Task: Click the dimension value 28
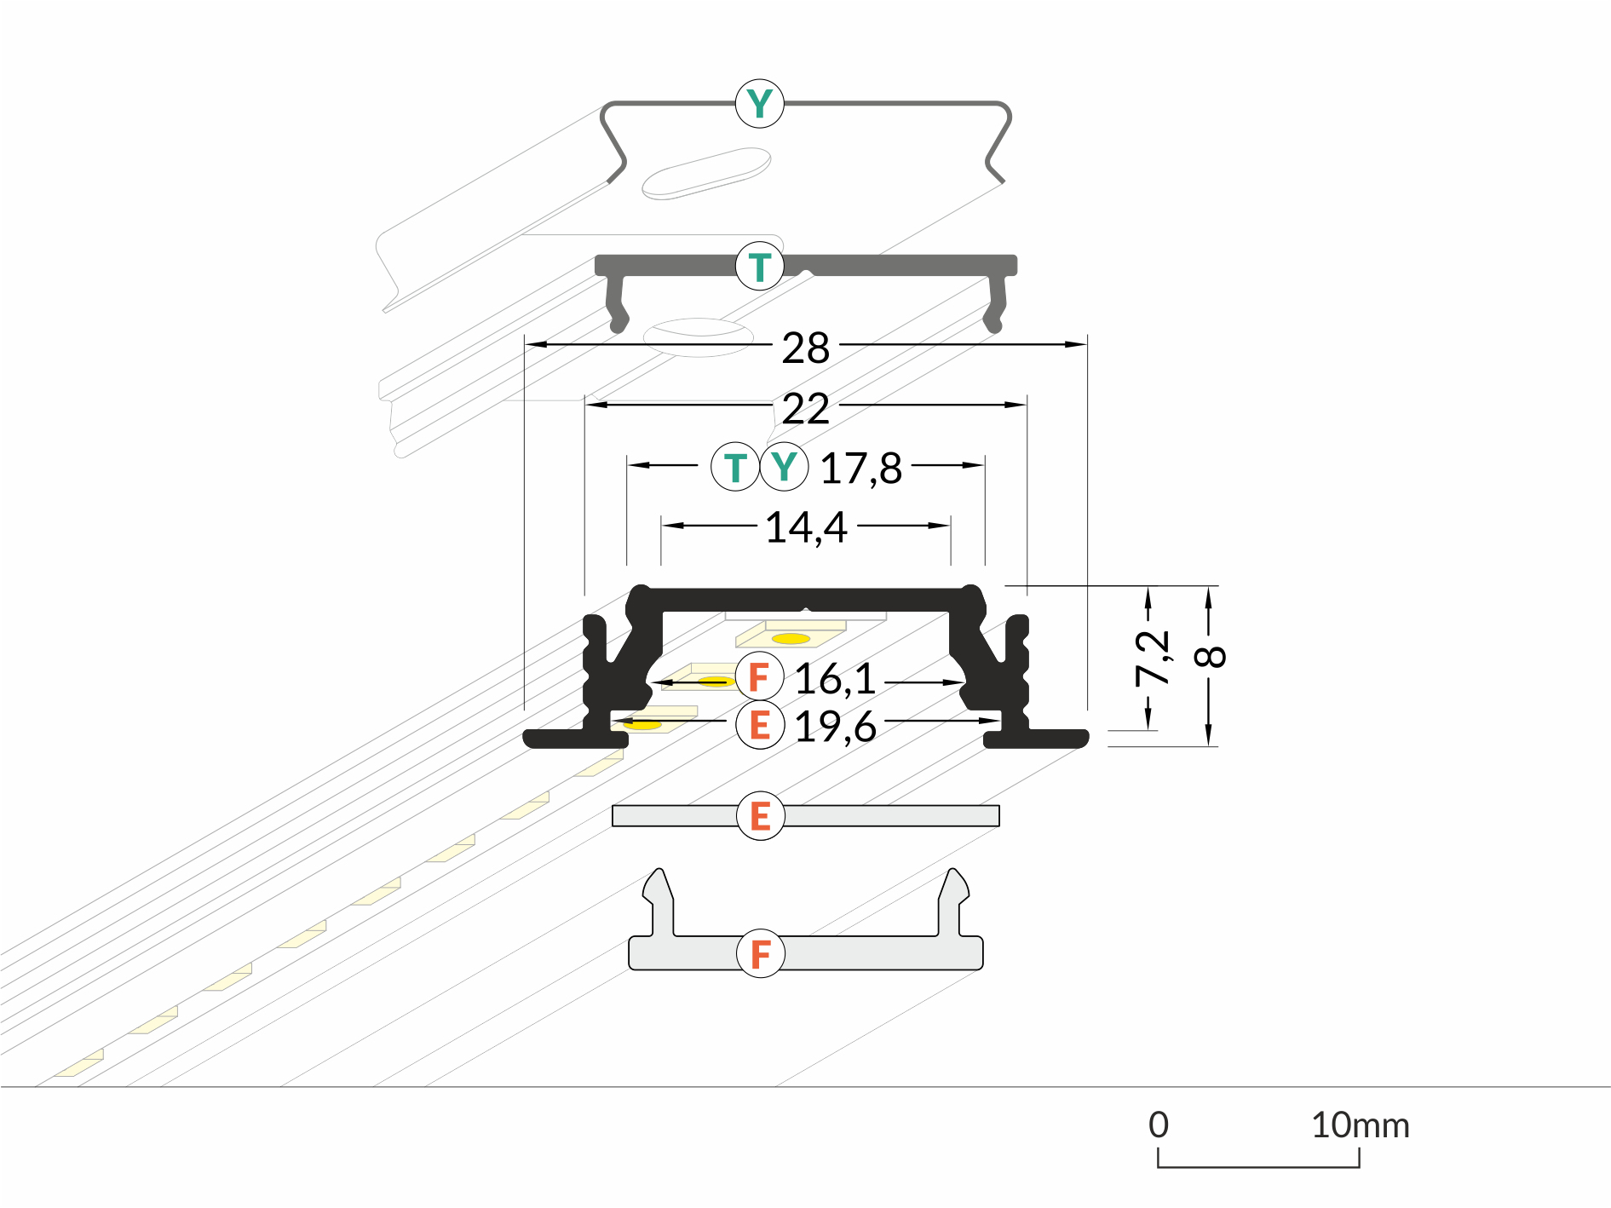[x=805, y=348]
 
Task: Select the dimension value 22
[x=805, y=409]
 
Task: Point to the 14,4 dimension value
[x=806, y=527]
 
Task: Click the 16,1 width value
[x=835, y=679]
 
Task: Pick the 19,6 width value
[x=835, y=727]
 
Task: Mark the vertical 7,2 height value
[x=1153, y=658]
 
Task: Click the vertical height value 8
[x=1211, y=656]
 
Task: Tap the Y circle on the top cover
[x=759, y=103]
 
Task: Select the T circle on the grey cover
[x=759, y=267]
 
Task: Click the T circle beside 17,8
[x=734, y=467]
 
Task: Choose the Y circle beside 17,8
[x=784, y=467]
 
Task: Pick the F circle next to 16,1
[x=759, y=677]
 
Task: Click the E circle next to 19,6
[x=759, y=726]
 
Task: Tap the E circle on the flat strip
[x=760, y=816]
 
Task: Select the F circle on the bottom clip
[x=760, y=953]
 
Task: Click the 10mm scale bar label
[x=1360, y=1125]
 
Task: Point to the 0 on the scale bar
[x=1158, y=1125]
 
